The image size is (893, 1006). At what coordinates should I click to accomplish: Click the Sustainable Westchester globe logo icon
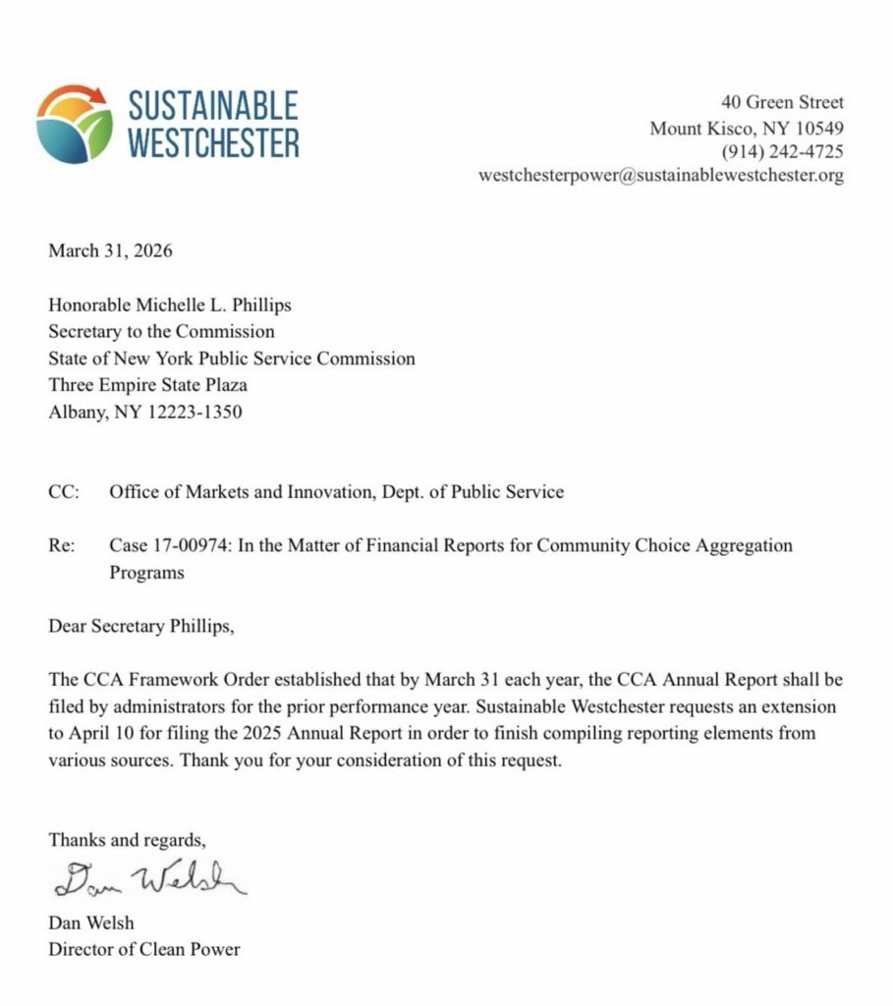(x=75, y=124)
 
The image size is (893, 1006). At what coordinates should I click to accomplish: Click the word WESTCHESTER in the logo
(x=213, y=142)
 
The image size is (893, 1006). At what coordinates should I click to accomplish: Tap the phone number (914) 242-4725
(x=782, y=152)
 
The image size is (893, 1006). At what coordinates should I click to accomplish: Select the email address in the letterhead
(x=661, y=176)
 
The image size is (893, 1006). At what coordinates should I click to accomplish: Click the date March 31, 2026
(x=110, y=251)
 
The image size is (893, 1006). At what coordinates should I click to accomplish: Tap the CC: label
(x=64, y=492)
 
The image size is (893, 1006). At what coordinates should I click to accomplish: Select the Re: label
(x=63, y=545)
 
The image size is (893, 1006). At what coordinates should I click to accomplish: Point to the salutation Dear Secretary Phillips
(x=142, y=626)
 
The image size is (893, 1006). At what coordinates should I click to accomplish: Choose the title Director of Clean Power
(x=144, y=949)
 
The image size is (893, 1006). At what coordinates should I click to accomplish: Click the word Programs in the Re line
(x=146, y=573)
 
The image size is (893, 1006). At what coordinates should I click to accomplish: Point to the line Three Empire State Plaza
(x=147, y=385)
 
